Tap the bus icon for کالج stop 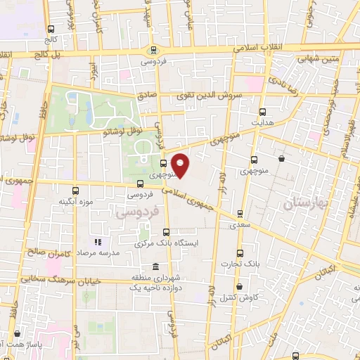click(x=51, y=30)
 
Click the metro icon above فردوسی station click(x=153, y=50)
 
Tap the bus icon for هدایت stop click(x=263, y=112)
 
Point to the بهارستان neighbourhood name click(x=307, y=204)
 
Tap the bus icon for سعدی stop click(x=240, y=214)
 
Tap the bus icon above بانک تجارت click(x=240, y=253)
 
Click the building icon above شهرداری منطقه click(x=155, y=268)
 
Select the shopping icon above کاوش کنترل click(x=240, y=287)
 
